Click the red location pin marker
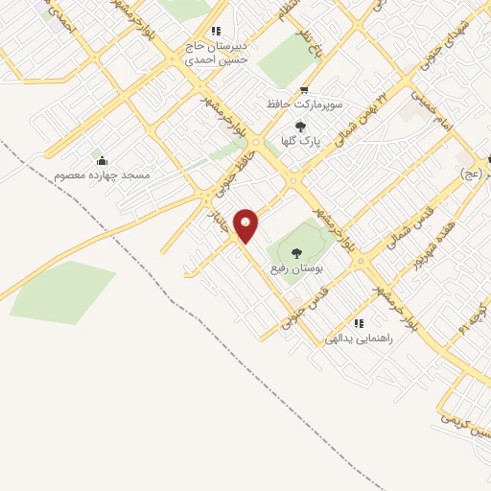246,226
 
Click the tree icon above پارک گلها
300,127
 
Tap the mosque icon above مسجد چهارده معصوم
103,161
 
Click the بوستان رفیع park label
293,268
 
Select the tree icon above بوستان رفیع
295,253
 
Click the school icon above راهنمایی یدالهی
360,324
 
